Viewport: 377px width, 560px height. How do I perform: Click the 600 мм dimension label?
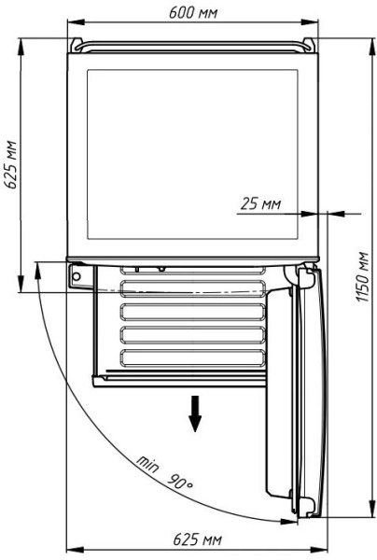point(193,12)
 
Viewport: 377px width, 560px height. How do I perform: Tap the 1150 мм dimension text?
point(363,277)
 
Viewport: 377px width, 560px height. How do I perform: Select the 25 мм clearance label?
point(260,203)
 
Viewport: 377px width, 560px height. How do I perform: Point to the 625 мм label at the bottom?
point(197,539)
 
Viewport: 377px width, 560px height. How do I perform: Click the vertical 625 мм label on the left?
point(10,164)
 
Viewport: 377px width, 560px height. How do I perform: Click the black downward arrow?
point(195,413)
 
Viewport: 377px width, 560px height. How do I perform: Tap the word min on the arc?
point(147,464)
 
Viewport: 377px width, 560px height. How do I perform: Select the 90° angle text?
point(181,482)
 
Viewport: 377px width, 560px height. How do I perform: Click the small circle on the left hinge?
point(77,276)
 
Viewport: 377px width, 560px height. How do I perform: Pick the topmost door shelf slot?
point(193,270)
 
